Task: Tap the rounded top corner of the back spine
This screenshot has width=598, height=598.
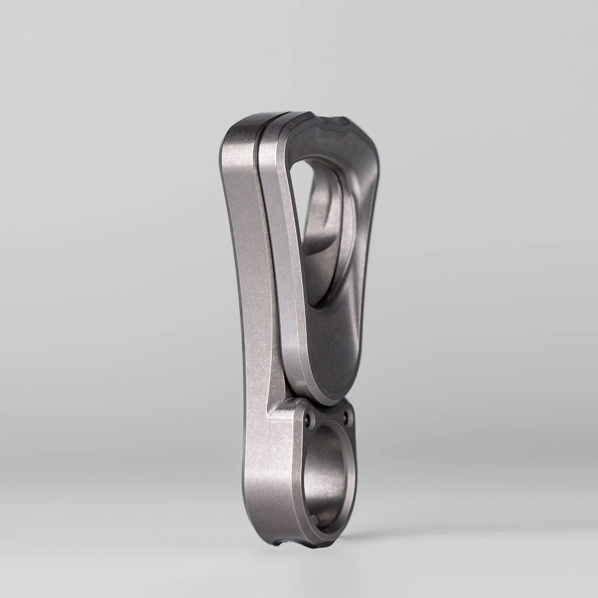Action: tap(235, 133)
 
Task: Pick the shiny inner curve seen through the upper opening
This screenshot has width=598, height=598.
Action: tap(327, 244)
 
